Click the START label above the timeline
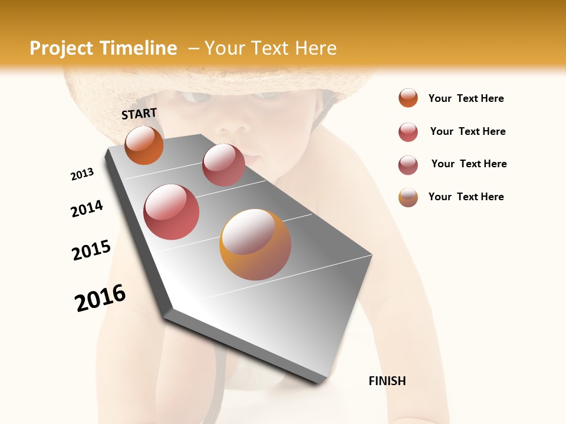coord(139,114)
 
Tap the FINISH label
coord(387,381)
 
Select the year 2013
coord(82,174)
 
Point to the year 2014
coord(87,209)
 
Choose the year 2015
coord(91,250)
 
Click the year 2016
coord(100,298)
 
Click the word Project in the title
coord(62,48)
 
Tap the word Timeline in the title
coord(139,48)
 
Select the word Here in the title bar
coord(315,48)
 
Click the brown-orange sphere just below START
coord(144,145)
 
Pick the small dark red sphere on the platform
coord(223,165)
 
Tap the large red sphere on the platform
coord(172,212)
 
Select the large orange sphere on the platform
coord(255,244)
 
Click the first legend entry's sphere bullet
coord(408,98)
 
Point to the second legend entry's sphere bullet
coord(408,131)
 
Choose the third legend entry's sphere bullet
coord(408,164)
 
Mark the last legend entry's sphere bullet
coord(408,197)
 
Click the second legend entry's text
coord(468,131)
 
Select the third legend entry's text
coord(469,164)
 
